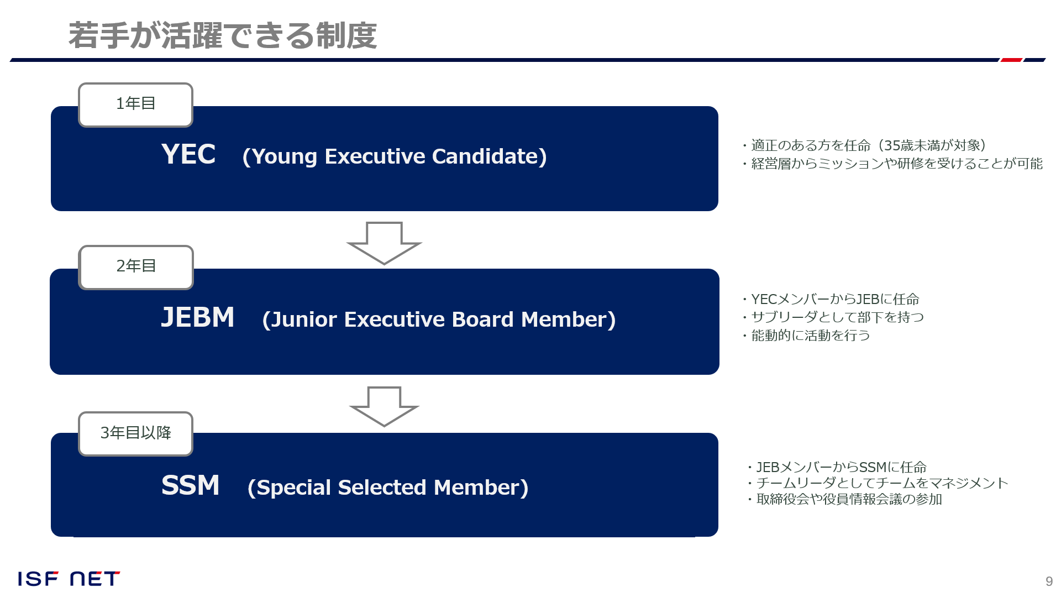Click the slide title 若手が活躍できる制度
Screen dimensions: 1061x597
tap(223, 36)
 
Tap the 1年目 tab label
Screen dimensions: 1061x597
tap(136, 103)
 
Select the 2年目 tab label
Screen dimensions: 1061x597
tap(136, 266)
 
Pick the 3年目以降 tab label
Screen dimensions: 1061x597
tap(136, 433)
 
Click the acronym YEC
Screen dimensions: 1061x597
tap(188, 154)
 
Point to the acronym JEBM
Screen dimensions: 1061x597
tap(198, 317)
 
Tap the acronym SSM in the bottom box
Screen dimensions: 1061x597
tap(191, 485)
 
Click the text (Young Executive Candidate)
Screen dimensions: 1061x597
tap(395, 156)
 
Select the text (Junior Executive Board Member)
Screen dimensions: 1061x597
tap(439, 320)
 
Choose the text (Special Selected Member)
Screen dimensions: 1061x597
tap(388, 488)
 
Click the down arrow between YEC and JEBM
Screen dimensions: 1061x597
tap(384, 243)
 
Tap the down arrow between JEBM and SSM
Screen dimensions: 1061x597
tap(384, 407)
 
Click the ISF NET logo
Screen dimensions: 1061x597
tap(69, 579)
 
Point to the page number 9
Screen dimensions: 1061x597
tap(1049, 582)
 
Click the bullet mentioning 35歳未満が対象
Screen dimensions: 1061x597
tap(864, 145)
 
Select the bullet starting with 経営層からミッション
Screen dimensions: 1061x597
tap(892, 164)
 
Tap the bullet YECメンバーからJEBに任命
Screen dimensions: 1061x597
tap(831, 299)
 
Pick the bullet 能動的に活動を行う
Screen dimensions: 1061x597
tap(806, 336)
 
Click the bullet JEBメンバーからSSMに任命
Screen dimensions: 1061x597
tap(837, 467)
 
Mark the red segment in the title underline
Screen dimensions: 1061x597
tap(1011, 60)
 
